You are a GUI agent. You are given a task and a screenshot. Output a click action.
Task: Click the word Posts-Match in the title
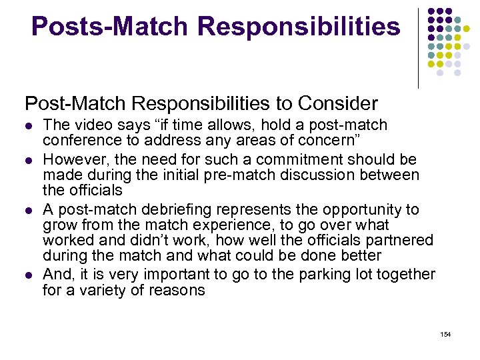click(x=110, y=27)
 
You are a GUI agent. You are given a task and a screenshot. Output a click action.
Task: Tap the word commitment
click(x=260, y=160)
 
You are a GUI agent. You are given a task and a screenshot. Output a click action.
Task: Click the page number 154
click(x=445, y=334)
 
